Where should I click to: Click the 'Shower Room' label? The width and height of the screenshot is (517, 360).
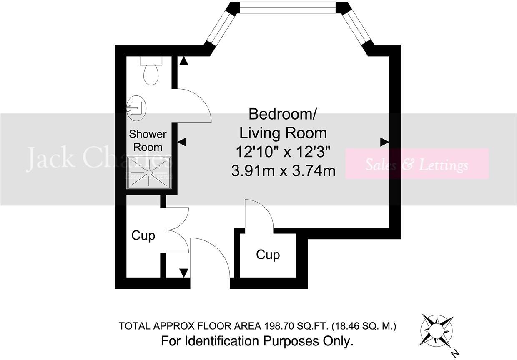(148, 140)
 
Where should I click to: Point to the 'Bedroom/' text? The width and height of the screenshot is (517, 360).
(283, 113)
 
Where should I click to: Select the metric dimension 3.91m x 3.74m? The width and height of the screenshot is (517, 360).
(284, 170)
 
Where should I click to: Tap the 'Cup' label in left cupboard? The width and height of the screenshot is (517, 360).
(143, 235)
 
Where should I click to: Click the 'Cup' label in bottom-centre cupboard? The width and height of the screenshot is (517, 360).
(268, 254)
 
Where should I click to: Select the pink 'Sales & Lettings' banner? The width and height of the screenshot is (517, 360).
(417, 164)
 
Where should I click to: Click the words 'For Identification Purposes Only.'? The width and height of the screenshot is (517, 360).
(257, 341)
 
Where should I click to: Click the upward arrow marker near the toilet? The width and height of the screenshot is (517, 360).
(183, 61)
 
